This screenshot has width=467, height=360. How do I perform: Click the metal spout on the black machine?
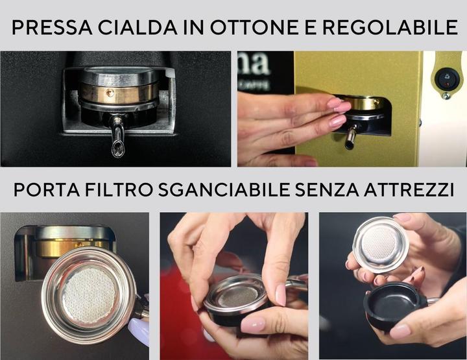[x=117, y=139]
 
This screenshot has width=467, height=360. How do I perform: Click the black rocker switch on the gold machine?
[x=447, y=80]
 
